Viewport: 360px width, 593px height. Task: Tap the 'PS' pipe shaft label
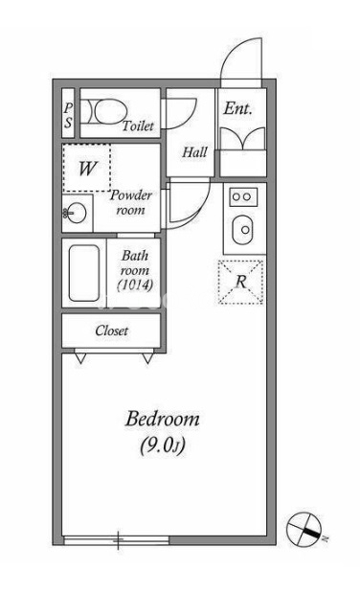(x=68, y=115)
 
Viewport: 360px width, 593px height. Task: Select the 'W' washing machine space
(x=87, y=168)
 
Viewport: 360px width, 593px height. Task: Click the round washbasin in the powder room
(x=77, y=214)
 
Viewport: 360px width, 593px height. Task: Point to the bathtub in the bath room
(x=84, y=273)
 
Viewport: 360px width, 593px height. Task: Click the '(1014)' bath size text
(x=135, y=285)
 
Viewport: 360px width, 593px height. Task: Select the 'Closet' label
(x=112, y=331)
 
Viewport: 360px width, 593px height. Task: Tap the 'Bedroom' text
(x=162, y=419)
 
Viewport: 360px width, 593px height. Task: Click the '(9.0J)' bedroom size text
(x=163, y=445)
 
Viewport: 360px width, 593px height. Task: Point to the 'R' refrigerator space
(x=241, y=282)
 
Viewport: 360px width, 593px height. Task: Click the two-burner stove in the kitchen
(x=243, y=196)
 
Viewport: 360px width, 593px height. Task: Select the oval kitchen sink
(x=242, y=230)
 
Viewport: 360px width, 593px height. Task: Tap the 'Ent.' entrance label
(x=237, y=108)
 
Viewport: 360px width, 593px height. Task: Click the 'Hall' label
(x=194, y=152)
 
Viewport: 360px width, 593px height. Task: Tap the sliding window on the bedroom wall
(x=117, y=540)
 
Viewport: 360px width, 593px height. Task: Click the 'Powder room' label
(x=131, y=203)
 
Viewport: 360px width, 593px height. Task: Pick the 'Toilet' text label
(x=138, y=125)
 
